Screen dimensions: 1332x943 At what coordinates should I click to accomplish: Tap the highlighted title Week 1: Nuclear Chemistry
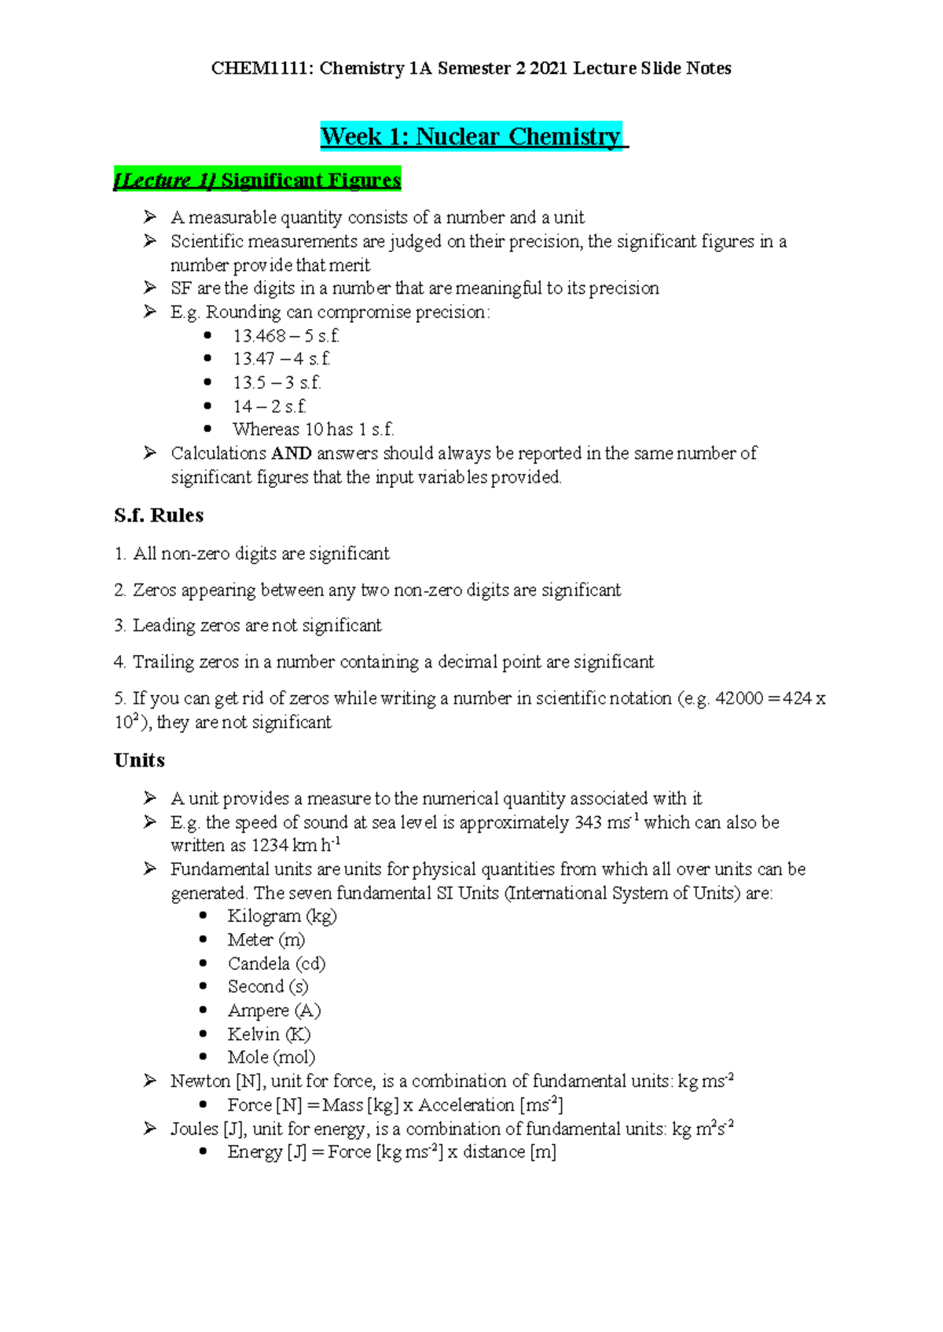pyautogui.click(x=471, y=137)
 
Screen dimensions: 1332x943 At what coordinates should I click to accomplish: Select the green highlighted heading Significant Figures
pyautogui.click(x=310, y=180)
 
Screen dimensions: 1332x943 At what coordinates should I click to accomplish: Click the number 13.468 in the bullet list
pyautogui.click(x=259, y=336)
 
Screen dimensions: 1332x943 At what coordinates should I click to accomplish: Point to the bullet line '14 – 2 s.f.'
pyautogui.click(x=269, y=407)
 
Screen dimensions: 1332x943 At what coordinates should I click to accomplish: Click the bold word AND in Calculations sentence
pyautogui.click(x=291, y=453)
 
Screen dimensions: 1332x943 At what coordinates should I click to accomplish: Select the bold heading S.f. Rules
pyautogui.click(x=159, y=515)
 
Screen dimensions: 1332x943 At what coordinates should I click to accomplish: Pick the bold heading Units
pyautogui.click(x=139, y=760)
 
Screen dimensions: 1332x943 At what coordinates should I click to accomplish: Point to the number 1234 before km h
pyautogui.click(x=270, y=846)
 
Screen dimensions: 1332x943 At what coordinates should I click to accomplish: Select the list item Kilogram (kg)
pyautogui.click(x=281, y=916)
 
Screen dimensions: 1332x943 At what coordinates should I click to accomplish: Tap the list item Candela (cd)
pyautogui.click(x=276, y=964)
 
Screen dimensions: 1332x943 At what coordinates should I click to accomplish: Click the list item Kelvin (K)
pyautogui.click(x=269, y=1034)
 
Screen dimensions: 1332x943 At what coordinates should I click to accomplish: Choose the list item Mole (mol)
pyautogui.click(x=271, y=1057)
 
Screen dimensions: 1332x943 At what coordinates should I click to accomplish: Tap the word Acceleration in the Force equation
pyautogui.click(x=466, y=1105)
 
